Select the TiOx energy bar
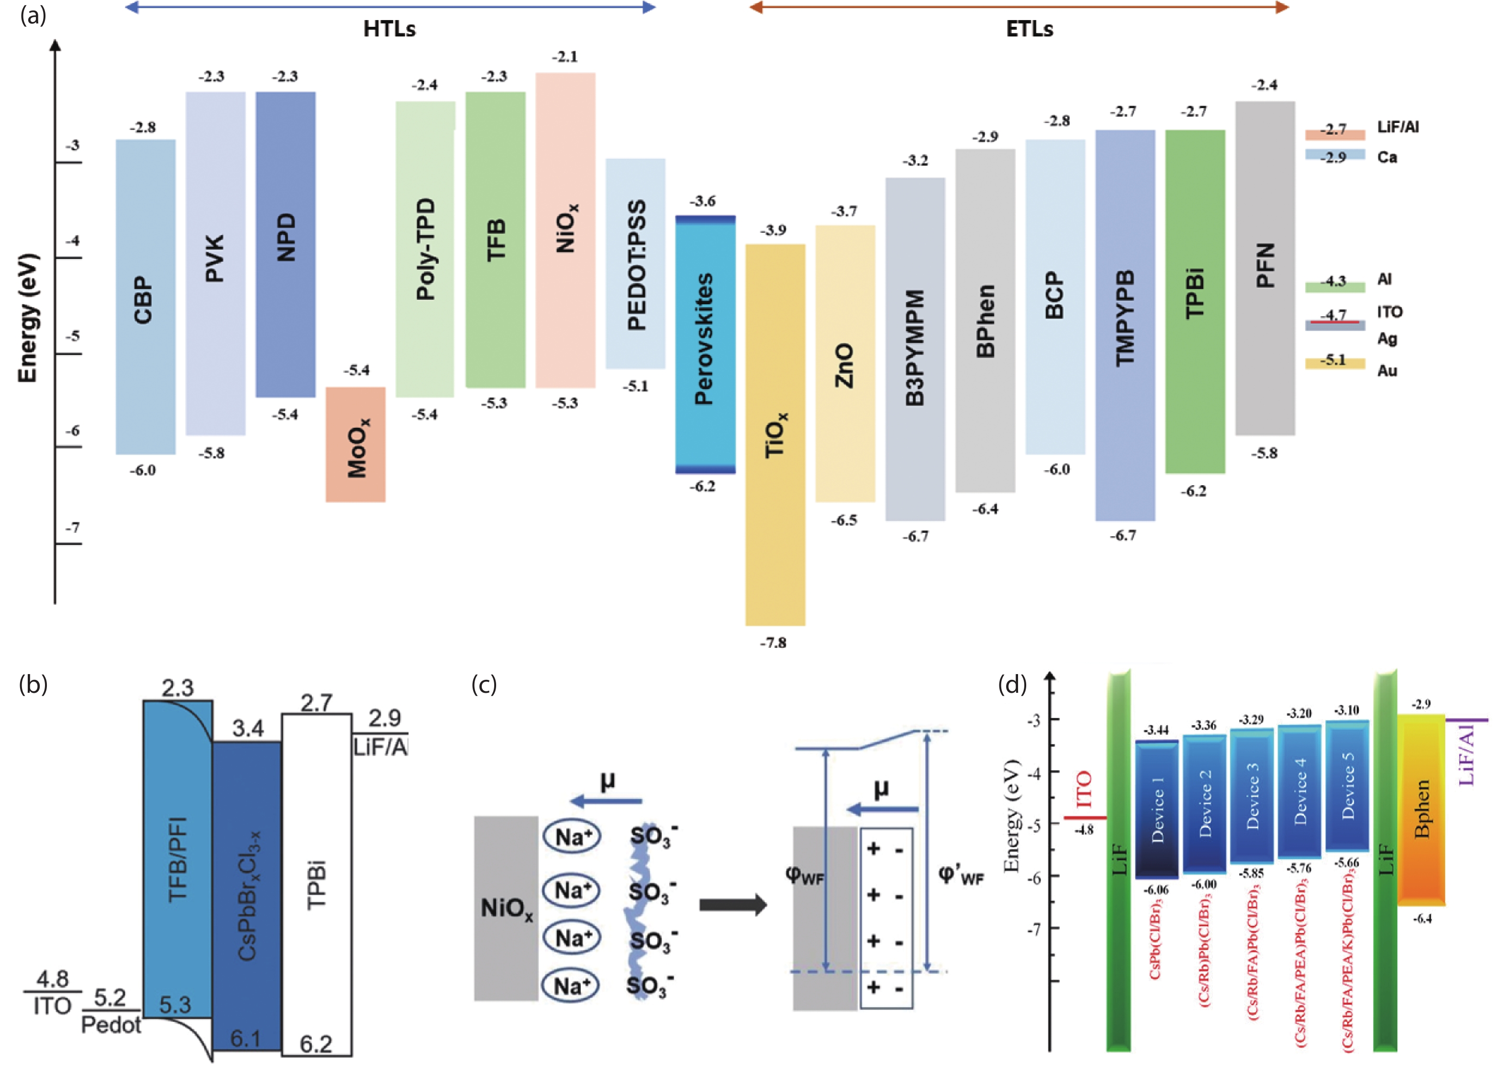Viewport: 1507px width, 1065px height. click(x=775, y=434)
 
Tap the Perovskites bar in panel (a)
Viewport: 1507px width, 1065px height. click(x=706, y=344)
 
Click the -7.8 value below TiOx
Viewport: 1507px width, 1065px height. click(x=773, y=643)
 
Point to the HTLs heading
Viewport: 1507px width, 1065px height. click(x=389, y=29)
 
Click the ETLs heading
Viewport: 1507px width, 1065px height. click(x=1029, y=29)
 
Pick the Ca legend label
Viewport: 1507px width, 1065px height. click(x=1387, y=157)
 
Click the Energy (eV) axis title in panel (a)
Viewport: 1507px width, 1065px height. click(x=28, y=318)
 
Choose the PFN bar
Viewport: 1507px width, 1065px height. click(x=1265, y=268)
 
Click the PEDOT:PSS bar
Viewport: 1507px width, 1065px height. click(x=635, y=263)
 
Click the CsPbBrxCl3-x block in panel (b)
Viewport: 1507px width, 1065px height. click(x=247, y=896)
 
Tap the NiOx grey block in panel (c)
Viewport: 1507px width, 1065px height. click(x=506, y=909)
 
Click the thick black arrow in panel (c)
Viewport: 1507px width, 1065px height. click(x=732, y=905)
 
